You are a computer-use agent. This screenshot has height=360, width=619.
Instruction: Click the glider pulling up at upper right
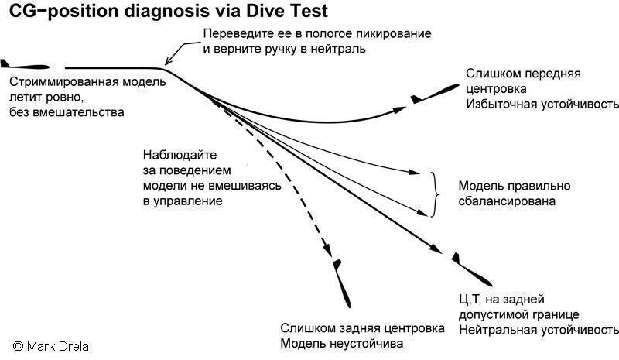434,95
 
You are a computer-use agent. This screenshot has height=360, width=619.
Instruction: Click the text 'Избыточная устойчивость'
542,104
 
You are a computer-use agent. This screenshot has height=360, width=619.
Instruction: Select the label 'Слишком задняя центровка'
362,328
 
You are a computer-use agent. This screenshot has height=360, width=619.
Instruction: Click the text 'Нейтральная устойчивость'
539,330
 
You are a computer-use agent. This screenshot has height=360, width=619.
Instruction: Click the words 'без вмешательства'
67,111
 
